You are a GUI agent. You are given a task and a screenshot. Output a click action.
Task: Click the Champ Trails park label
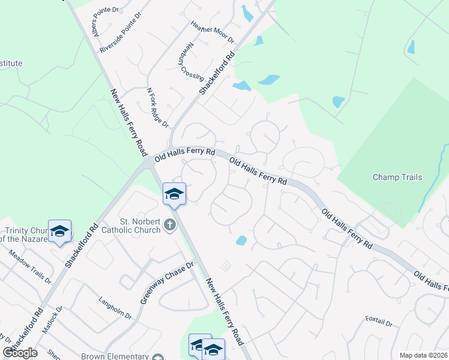point(397,177)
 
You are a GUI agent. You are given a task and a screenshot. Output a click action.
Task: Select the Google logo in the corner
point(20,353)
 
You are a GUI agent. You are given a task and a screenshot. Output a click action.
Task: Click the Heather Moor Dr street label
point(211,32)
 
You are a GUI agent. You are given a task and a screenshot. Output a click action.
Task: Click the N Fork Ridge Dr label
point(158,106)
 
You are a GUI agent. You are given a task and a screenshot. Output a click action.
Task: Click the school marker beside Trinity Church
point(60,231)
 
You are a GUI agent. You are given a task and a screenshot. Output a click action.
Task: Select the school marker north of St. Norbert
point(174,194)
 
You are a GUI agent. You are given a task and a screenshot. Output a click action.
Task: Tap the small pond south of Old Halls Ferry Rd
point(241,241)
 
